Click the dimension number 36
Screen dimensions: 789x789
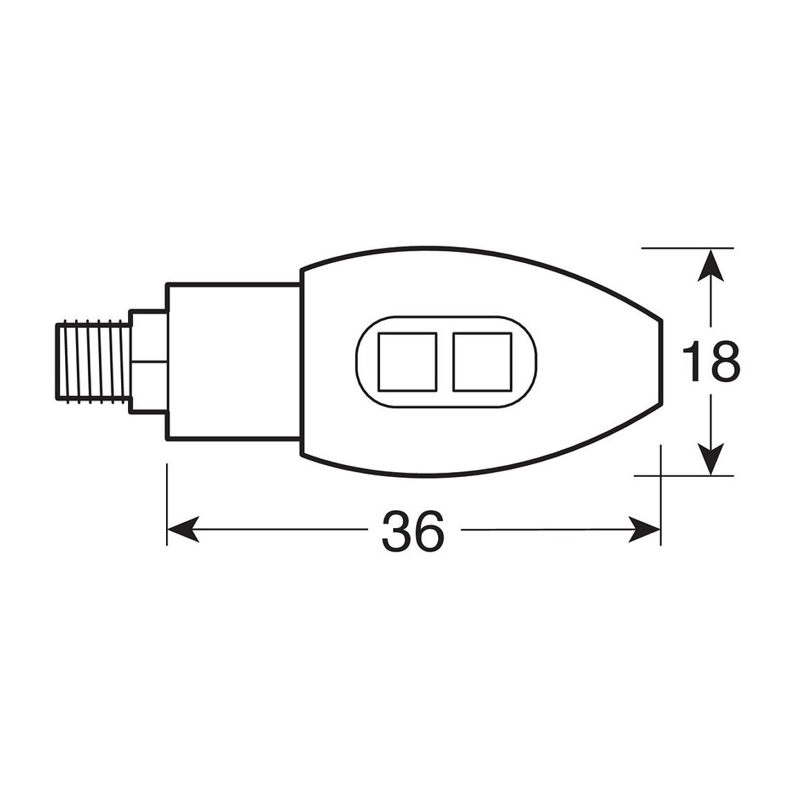(x=412, y=532)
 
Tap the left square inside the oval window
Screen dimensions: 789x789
(x=407, y=361)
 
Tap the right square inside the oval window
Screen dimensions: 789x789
(x=482, y=361)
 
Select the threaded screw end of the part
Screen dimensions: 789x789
(x=92, y=361)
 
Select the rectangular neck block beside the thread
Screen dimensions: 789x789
(x=233, y=361)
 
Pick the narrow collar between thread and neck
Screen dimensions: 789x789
(x=149, y=361)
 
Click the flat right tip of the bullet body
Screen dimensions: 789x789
(x=661, y=361)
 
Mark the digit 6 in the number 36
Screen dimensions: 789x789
(x=427, y=532)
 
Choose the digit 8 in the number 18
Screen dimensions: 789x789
(x=724, y=361)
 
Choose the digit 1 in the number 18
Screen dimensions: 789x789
(x=695, y=361)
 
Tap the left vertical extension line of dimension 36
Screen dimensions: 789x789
(x=167, y=505)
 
